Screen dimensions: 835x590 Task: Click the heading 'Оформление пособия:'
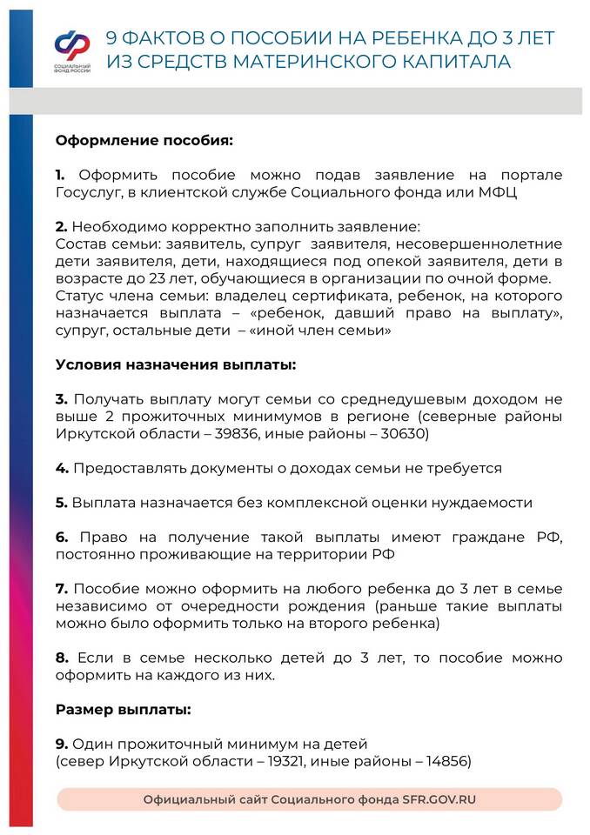pyautogui.click(x=144, y=139)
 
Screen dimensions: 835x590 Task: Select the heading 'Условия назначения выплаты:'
pyautogui.click(x=176, y=364)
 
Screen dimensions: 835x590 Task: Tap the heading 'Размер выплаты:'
pyautogui.click(x=123, y=709)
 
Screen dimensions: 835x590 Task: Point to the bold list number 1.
pyautogui.click(x=60, y=175)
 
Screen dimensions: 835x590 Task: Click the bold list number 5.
pyautogui.click(x=61, y=503)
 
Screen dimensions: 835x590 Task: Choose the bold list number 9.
pyautogui.click(x=61, y=744)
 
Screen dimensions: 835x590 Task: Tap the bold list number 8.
pyautogui.click(x=61, y=658)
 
